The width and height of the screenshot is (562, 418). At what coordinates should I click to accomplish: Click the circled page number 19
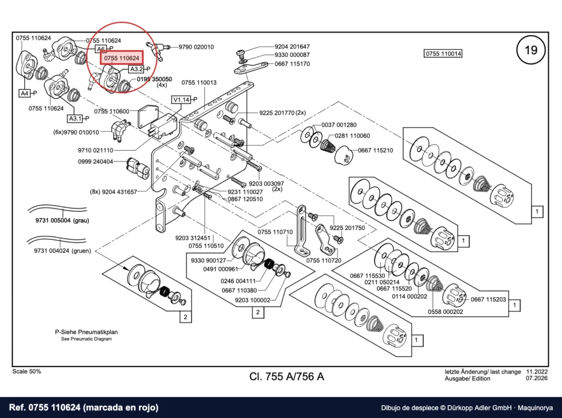(531, 50)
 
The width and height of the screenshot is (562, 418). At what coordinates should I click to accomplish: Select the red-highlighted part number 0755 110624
(121, 58)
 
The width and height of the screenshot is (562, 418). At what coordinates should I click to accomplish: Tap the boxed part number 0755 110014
(443, 54)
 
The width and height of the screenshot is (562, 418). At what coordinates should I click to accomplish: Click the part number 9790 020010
(196, 47)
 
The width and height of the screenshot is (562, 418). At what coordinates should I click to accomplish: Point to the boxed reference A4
(24, 93)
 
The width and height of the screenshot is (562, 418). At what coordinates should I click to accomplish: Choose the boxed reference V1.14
(181, 99)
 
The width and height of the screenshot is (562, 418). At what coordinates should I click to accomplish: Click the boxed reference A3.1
(75, 118)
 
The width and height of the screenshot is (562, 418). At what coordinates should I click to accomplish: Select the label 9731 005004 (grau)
(62, 221)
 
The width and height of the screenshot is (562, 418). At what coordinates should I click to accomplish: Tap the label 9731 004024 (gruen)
(63, 251)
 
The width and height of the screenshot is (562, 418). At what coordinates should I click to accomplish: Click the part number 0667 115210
(375, 150)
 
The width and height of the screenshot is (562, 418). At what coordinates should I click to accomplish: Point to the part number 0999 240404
(95, 161)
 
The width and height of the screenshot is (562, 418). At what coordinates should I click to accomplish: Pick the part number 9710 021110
(95, 150)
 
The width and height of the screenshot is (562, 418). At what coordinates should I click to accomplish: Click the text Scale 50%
(26, 371)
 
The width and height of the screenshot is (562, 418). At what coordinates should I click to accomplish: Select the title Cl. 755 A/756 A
(286, 376)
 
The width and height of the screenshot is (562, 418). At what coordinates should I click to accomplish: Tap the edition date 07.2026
(537, 379)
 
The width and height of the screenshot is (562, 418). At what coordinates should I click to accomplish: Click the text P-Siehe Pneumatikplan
(86, 332)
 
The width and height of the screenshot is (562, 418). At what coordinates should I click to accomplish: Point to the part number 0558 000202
(445, 312)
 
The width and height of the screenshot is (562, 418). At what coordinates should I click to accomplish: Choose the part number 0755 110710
(276, 232)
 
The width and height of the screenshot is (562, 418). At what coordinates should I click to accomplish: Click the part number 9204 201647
(292, 47)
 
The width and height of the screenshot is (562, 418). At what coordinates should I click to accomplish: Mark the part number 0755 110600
(111, 111)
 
